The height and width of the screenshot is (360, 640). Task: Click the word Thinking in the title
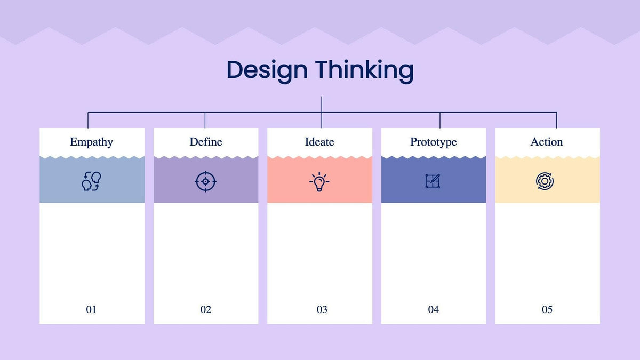(364, 70)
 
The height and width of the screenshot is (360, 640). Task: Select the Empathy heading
(91, 142)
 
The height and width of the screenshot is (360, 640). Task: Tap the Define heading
(206, 142)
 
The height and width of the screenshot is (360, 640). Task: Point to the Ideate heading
(319, 142)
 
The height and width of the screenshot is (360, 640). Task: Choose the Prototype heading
(433, 142)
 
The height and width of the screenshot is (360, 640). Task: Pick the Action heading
(547, 142)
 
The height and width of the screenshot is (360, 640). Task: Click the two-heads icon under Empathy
(91, 181)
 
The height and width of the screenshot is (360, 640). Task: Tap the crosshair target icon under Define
(205, 181)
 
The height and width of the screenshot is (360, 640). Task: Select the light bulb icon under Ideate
(319, 182)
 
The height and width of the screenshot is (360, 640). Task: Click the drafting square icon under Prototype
(433, 181)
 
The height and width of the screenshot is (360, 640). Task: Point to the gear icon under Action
(545, 181)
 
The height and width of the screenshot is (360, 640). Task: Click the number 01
(91, 309)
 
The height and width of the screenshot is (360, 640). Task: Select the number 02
(206, 309)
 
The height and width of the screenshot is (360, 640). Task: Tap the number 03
(322, 309)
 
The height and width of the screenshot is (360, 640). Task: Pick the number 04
(433, 309)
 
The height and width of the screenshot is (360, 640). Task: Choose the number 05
(547, 309)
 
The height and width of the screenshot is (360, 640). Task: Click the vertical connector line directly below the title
(322, 104)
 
